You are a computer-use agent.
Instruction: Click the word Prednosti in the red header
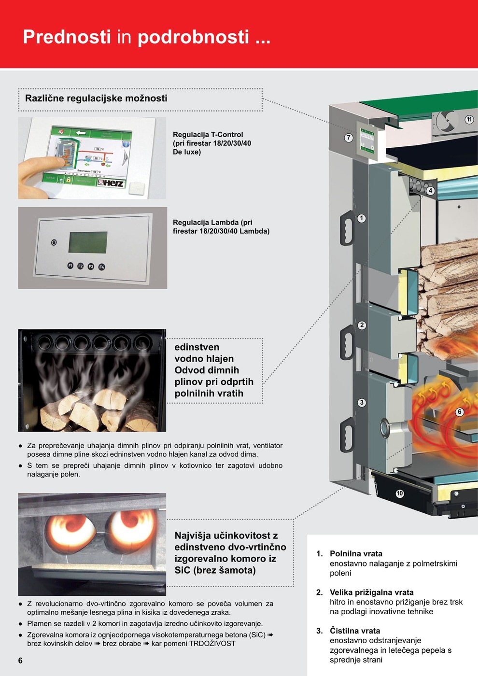67,37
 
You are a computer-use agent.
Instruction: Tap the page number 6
20,661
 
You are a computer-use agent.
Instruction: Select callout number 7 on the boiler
349,138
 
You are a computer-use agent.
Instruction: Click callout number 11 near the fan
469,119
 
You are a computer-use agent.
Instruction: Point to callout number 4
430,191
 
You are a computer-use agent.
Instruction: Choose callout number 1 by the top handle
362,218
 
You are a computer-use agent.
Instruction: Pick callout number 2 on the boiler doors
362,325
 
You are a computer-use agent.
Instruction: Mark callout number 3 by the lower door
362,403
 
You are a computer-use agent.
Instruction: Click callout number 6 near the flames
460,412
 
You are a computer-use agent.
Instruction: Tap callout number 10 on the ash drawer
400,493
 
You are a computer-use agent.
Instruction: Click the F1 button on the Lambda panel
70,266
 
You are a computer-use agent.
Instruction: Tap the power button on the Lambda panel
54,242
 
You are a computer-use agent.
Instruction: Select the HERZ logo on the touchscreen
111,183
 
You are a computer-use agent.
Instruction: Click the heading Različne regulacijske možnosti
96,99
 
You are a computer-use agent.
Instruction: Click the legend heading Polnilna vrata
356,554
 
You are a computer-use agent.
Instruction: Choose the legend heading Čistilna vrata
355,631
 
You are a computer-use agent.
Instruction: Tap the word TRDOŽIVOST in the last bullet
212,644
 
